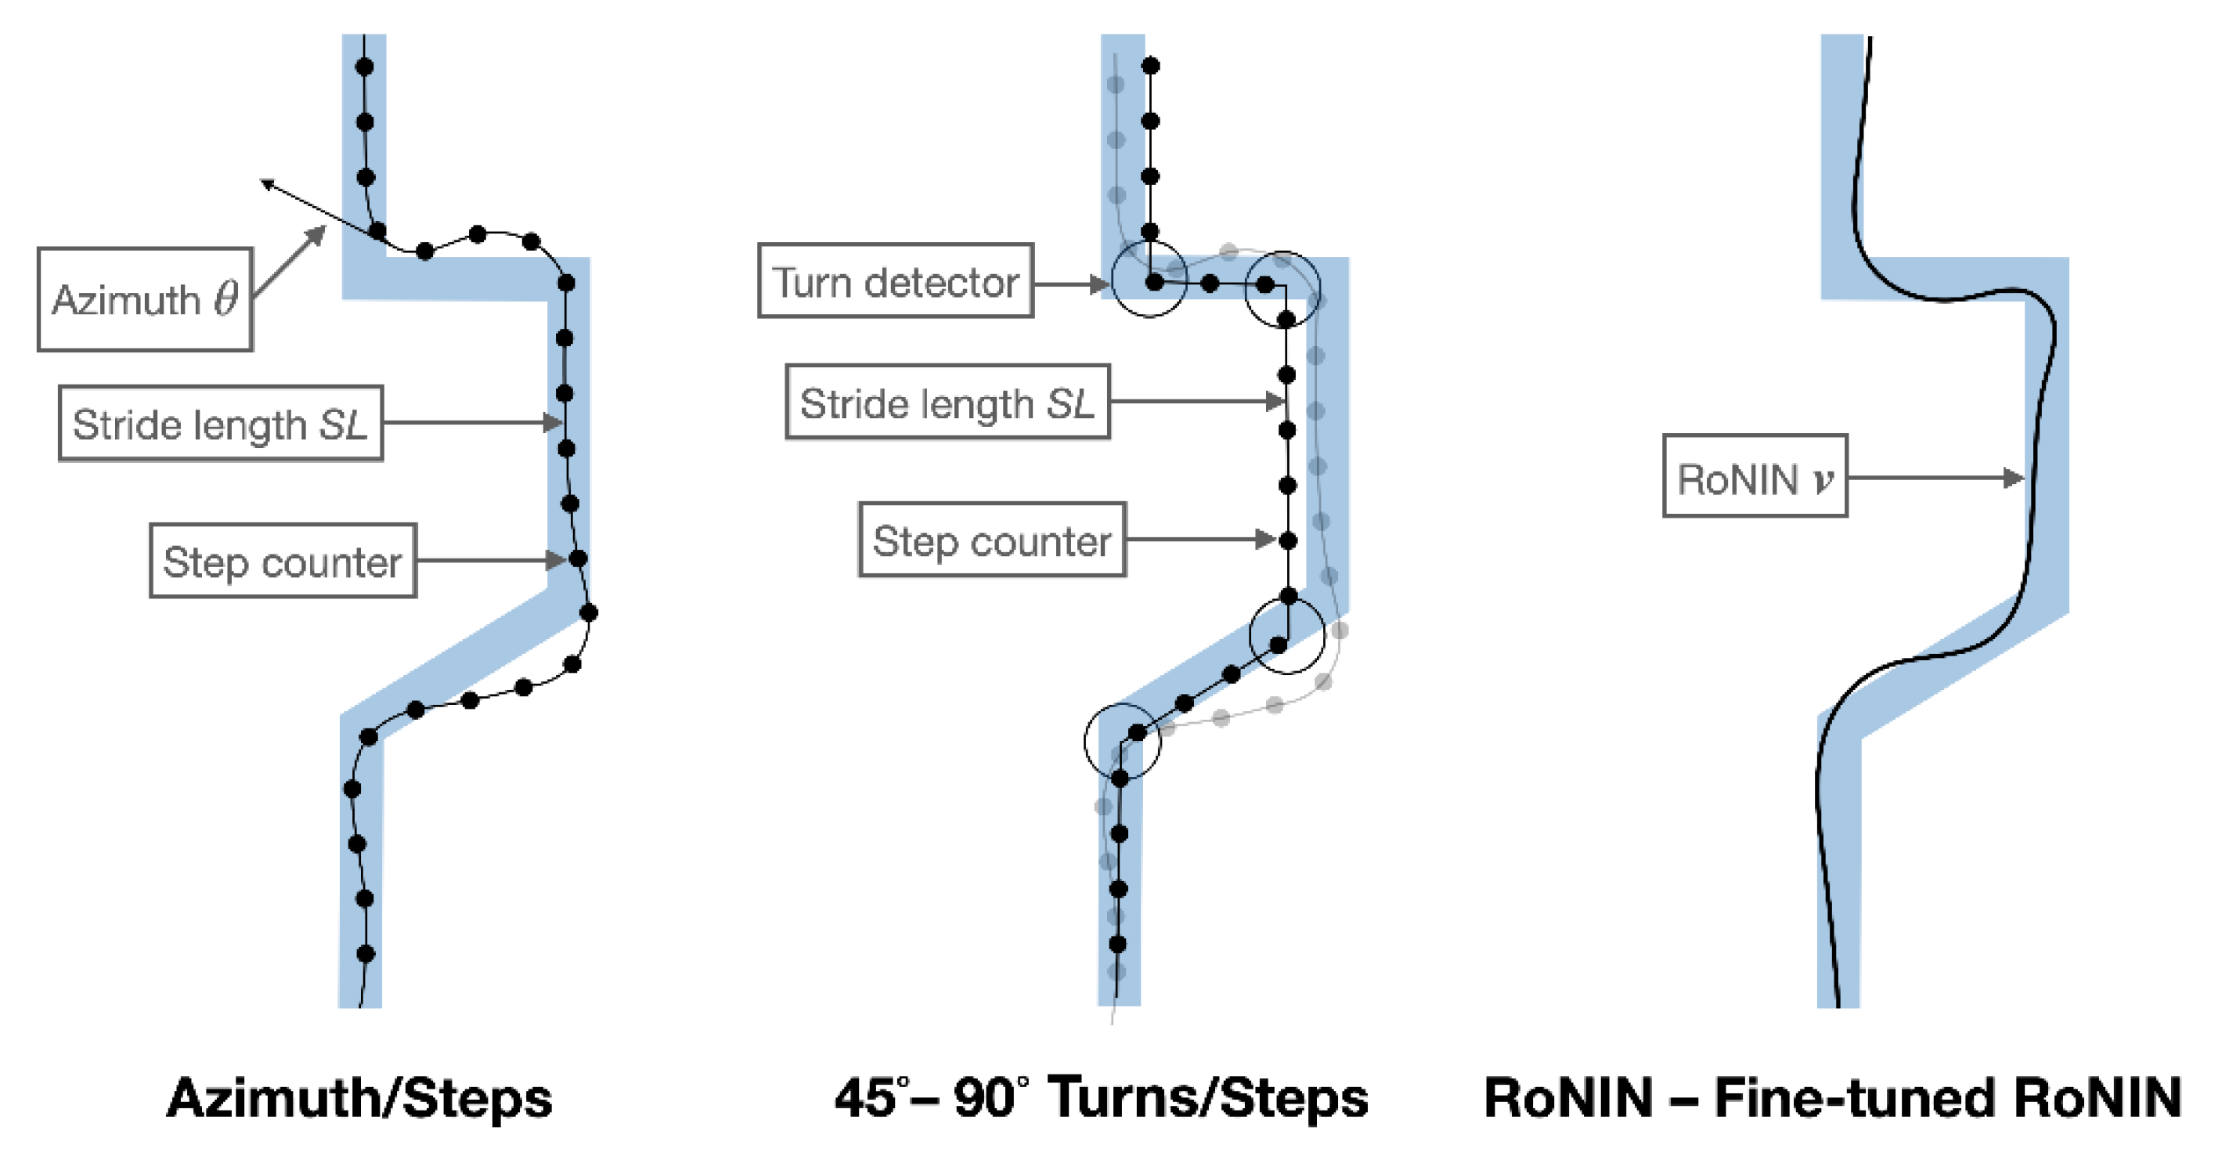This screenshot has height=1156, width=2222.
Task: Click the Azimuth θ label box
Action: pos(145,299)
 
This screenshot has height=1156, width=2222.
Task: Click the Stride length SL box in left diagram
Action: pos(221,424)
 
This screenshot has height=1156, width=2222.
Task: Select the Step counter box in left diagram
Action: pos(283,562)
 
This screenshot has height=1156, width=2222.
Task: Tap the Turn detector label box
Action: pos(896,281)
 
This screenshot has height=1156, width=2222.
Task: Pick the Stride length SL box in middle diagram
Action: pos(947,403)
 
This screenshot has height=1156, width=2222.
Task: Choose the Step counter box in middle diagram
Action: pos(992,541)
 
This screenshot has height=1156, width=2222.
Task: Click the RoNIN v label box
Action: pos(1755,477)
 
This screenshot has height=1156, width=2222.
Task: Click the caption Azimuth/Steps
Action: pos(359,1098)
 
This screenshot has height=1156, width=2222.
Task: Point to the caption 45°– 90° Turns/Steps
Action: pos(1102,1098)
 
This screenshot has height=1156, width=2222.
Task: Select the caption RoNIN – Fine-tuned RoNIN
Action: pos(1832,1098)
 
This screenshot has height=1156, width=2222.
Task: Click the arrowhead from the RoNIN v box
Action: pos(2013,478)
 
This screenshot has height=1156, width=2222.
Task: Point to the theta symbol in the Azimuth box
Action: pos(226,298)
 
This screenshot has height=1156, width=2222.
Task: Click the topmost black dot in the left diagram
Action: pos(364,67)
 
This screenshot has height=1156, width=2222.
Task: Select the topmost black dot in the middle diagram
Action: pos(1150,66)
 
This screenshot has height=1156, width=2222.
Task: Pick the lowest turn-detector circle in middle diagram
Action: pos(1122,741)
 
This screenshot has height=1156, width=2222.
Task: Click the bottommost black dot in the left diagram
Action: pos(365,954)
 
